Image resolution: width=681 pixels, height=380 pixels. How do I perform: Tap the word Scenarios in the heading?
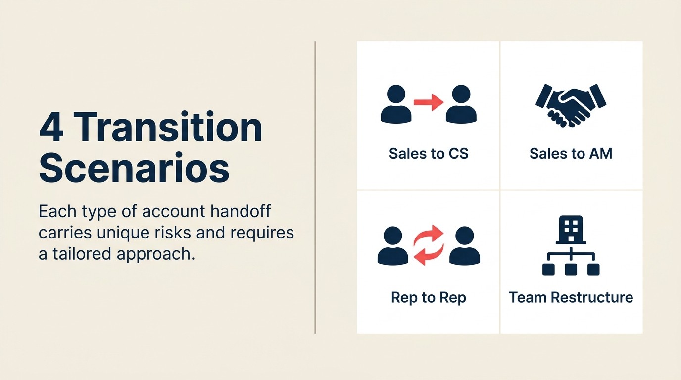coord(134,168)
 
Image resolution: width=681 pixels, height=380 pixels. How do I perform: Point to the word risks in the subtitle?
coord(190,232)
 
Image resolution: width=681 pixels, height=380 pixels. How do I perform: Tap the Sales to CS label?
coord(428,153)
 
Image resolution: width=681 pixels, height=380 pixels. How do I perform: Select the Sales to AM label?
coord(571,153)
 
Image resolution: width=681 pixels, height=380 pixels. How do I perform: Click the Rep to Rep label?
coord(428,297)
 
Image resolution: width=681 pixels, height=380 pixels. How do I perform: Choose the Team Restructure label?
coord(571,297)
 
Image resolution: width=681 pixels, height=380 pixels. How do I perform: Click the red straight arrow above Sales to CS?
coord(428,102)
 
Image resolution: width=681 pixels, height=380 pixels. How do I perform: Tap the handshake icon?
coord(571,104)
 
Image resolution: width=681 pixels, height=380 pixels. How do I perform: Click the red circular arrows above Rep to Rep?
coord(429,245)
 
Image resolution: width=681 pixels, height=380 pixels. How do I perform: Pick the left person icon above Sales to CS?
coord(396,104)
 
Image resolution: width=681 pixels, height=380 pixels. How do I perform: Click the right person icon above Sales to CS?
coord(461,104)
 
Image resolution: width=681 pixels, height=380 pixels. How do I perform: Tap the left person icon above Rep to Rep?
coord(393,246)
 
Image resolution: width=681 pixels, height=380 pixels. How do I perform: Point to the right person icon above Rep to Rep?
coord(464,246)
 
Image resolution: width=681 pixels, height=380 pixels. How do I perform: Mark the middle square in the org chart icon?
coord(571,269)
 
